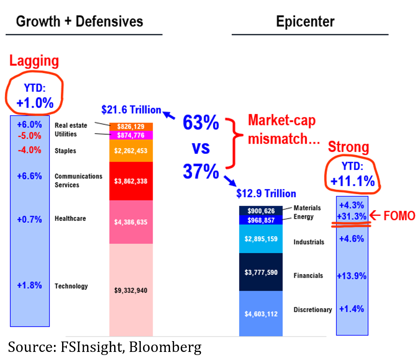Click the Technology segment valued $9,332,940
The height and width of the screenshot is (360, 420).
tap(131, 290)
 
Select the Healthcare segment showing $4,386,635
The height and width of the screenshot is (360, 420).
tap(131, 222)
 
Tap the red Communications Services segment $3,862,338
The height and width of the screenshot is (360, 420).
tap(131, 181)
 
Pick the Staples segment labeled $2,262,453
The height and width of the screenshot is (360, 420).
tap(131, 151)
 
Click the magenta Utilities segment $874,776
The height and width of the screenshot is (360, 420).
tap(131, 135)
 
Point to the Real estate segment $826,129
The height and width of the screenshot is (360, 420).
tap(131, 126)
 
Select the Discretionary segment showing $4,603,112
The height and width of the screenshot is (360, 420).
tap(261, 313)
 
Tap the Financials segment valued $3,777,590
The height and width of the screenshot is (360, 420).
tap(261, 272)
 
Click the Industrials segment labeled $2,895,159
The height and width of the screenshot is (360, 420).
tap(261, 239)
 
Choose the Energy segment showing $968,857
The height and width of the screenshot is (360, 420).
tap(261, 220)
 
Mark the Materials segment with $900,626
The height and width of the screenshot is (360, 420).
tap(261, 210)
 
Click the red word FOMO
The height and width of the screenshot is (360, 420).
tap(399, 216)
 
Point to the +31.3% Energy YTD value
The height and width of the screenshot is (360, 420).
tap(351, 217)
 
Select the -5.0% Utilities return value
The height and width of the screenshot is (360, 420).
tap(29, 136)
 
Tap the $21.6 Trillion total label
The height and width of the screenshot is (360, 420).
tap(131, 110)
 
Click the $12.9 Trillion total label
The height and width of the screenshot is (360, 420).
tap(267, 193)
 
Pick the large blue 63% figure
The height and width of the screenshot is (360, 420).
tap(201, 123)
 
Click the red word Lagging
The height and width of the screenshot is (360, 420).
tap(34, 61)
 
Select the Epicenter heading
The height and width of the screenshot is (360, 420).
tap(305, 22)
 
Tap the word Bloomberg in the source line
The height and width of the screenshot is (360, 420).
tap(165, 347)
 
